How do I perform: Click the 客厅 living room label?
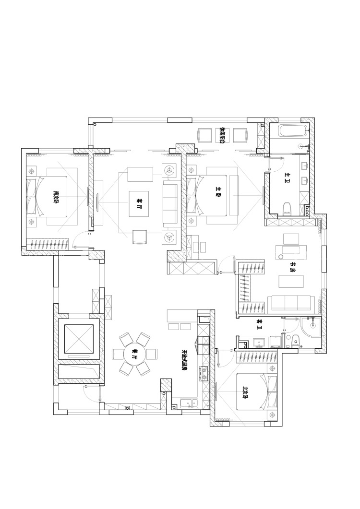pyautogui.click(x=139, y=203)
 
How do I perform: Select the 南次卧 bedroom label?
pyautogui.click(x=56, y=197)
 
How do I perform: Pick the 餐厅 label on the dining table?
pyautogui.click(x=134, y=354)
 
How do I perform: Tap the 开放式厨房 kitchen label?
pyautogui.click(x=185, y=360)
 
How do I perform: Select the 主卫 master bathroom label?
pyautogui.click(x=287, y=176)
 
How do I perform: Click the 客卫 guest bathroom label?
pyautogui.click(x=259, y=322)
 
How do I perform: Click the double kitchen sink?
pyautogui.click(x=189, y=403)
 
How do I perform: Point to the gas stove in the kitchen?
pyautogui.click(x=204, y=374)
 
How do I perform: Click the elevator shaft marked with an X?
pyautogui.click(x=79, y=339)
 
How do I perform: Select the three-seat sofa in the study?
pyautogui.click(x=291, y=303)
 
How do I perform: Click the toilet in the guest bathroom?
pyautogui.click(x=295, y=341)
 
